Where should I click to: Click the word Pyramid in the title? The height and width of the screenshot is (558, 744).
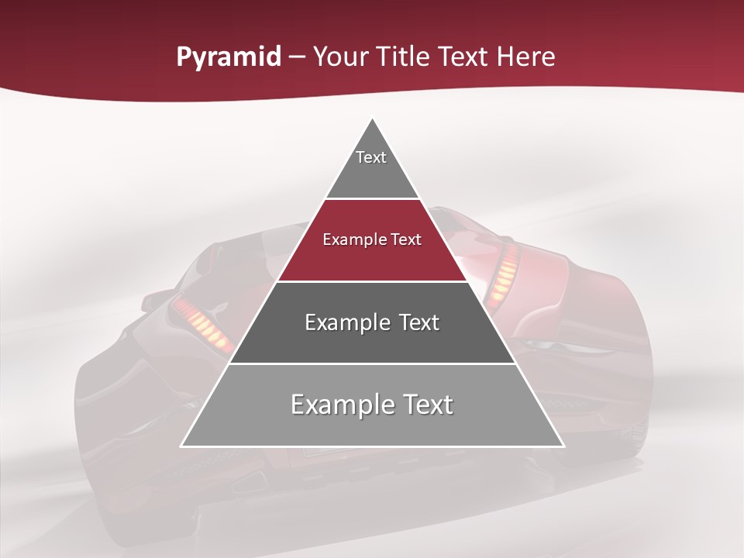pos(228,57)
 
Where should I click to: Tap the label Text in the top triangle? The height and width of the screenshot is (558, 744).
pos(371,157)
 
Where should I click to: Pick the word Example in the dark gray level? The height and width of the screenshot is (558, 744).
pos(343,322)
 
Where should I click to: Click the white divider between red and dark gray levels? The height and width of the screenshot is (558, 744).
pos(373,281)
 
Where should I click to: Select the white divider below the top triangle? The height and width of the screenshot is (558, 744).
pos(373,198)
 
